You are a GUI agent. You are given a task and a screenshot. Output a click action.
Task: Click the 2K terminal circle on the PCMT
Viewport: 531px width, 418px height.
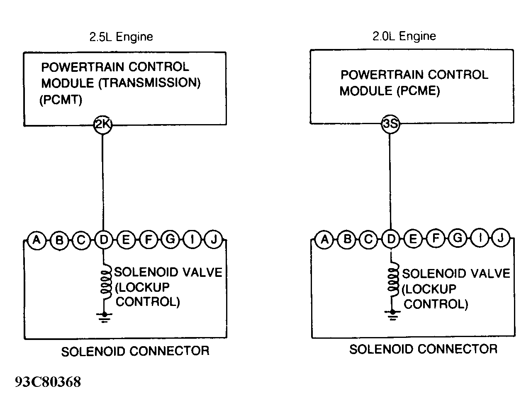(x=103, y=125)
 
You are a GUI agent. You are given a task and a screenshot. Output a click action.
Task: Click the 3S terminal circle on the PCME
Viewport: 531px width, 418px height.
(x=390, y=124)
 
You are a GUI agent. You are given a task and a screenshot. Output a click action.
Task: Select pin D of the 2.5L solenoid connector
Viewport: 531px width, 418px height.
(x=104, y=240)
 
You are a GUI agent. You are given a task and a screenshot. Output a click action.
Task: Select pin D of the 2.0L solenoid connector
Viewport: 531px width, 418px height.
(x=391, y=239)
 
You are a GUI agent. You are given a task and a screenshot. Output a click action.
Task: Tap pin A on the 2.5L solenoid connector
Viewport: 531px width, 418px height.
(x=37, y=240)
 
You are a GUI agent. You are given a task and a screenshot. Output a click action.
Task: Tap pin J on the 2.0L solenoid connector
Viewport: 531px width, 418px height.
(x=501, y=237)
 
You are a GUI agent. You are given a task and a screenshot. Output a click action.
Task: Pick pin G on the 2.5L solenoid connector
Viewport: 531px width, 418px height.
(x=170, y=239)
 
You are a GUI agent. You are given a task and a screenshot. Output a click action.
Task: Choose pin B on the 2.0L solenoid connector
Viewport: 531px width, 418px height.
(x=347, y=239)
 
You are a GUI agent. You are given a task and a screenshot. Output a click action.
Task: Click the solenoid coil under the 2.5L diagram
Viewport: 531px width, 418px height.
(x=106, y=281)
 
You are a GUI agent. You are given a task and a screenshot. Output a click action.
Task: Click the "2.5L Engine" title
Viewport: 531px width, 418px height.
(x=121, y=37)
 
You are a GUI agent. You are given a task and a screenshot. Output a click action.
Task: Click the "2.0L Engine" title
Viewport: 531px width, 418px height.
(x=404, y=36)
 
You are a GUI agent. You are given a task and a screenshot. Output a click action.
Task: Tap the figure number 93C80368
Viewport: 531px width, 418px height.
(x=48, y=382)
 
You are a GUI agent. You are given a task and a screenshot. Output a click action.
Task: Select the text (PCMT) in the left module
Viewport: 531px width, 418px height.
(x=61, y=100)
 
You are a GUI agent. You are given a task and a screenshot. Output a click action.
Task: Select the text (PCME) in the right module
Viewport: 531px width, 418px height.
(x=418, y=91)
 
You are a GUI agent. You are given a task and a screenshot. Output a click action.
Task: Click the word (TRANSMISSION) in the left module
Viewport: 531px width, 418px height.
(x=149, y=83)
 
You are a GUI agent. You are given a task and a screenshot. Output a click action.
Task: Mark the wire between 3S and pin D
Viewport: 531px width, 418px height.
(x=390, y=182)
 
